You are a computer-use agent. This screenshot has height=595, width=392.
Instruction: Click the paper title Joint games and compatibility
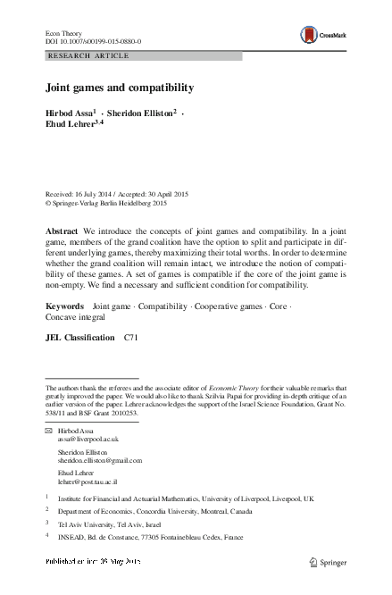[120, 89]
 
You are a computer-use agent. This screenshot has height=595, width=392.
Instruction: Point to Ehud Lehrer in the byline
[71, 125]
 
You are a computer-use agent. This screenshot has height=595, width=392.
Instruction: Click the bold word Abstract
[62, 230]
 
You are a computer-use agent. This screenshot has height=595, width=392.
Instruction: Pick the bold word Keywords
[64, 306]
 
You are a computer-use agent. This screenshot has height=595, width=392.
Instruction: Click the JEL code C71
[130, 339]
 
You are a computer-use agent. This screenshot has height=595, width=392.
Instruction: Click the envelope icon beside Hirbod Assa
[49, 432]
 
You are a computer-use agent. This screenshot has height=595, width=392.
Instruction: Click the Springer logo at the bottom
[329, 562]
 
